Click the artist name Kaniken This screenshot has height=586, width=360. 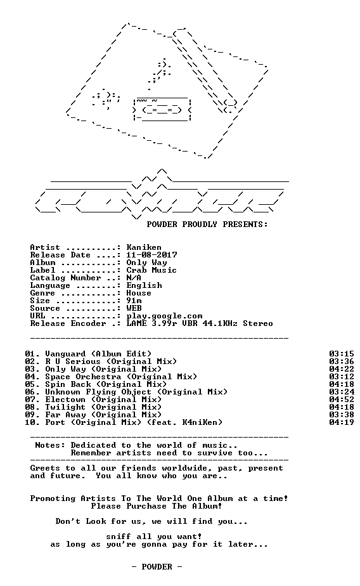[x=144, y=247]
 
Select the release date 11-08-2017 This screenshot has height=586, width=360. [x=151, y=255]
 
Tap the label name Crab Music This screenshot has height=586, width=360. [x=151, y=270]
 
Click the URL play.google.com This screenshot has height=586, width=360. [x=164, y=316]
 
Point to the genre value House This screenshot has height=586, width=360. [x=139, y=293]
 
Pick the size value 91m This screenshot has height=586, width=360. [x=134, y=301]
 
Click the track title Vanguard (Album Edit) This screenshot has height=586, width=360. [x=98, y=354]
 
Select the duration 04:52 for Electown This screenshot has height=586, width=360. [x=342, y=400]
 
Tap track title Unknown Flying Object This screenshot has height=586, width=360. [x=98, y=392]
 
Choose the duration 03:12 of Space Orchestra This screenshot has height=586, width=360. [x=342, y=377]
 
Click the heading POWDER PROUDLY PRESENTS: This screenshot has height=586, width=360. [x=207, y=225]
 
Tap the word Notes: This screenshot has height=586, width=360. [x=50, y=445]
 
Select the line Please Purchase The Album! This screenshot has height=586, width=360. [x=157, y=506]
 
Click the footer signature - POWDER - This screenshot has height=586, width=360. [x=157, y=567]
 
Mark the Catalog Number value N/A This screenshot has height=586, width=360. [x=134, y=278]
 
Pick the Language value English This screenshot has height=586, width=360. [x=144, y=285]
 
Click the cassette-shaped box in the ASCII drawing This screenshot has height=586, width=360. [x=162, y=108]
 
